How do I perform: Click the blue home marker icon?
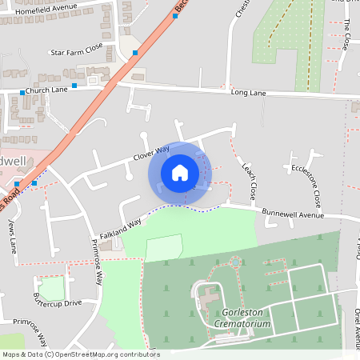180,173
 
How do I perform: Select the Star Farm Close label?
77,51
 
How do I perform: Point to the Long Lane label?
248,94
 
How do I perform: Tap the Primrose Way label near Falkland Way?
98,262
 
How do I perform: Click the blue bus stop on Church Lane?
74,85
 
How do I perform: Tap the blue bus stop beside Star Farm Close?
134,53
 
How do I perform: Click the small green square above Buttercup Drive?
51,288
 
